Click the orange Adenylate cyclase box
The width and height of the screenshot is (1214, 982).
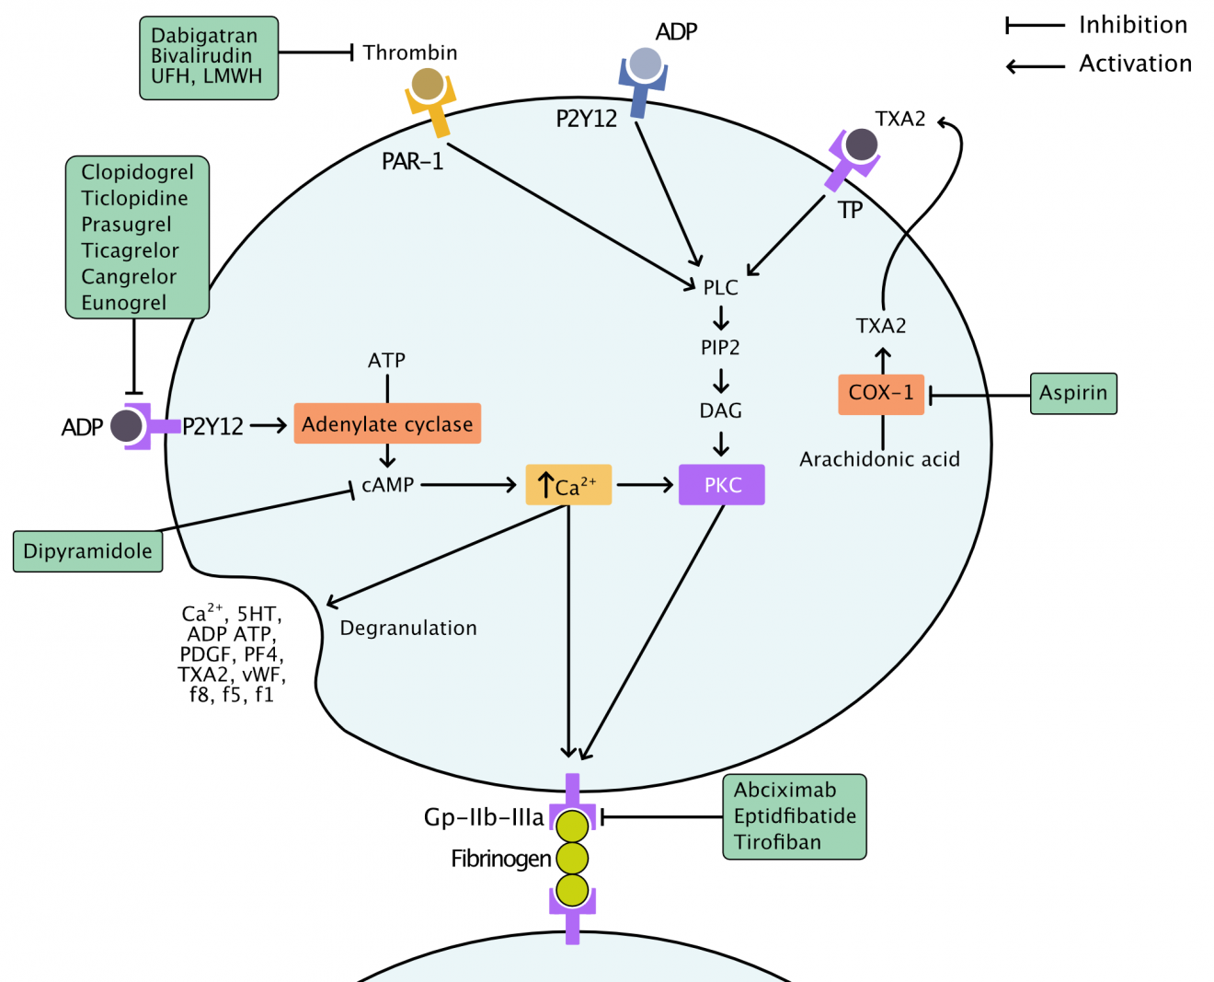[387, 424]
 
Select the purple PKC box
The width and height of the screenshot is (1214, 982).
[722, 485]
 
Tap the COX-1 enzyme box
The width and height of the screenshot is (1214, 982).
[881, 394]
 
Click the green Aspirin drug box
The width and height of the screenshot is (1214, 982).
[1073, 393]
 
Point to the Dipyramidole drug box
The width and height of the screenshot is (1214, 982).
[87, 551]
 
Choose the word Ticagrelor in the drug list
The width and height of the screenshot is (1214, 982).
[130, 250]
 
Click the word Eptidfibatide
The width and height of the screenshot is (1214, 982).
[795, 816]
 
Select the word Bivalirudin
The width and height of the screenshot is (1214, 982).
[201, 56]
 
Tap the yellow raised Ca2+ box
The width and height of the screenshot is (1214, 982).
[568, 485]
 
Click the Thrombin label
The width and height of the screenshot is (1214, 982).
[410, 53]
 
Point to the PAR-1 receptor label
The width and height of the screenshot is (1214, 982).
[413, 162]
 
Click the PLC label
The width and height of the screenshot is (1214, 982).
[721, 288]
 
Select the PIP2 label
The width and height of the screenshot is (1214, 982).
[720, 348]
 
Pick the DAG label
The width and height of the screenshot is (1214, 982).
[721, 410]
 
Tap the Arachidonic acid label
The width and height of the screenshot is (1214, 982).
[879, 459]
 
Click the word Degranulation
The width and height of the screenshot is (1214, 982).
[408, 629]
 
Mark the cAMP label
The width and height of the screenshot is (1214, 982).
[388, 485]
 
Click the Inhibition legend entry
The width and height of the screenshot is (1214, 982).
[1133, 25]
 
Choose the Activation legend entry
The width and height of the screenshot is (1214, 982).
[1135, 64]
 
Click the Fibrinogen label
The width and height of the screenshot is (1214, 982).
[501, 859]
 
